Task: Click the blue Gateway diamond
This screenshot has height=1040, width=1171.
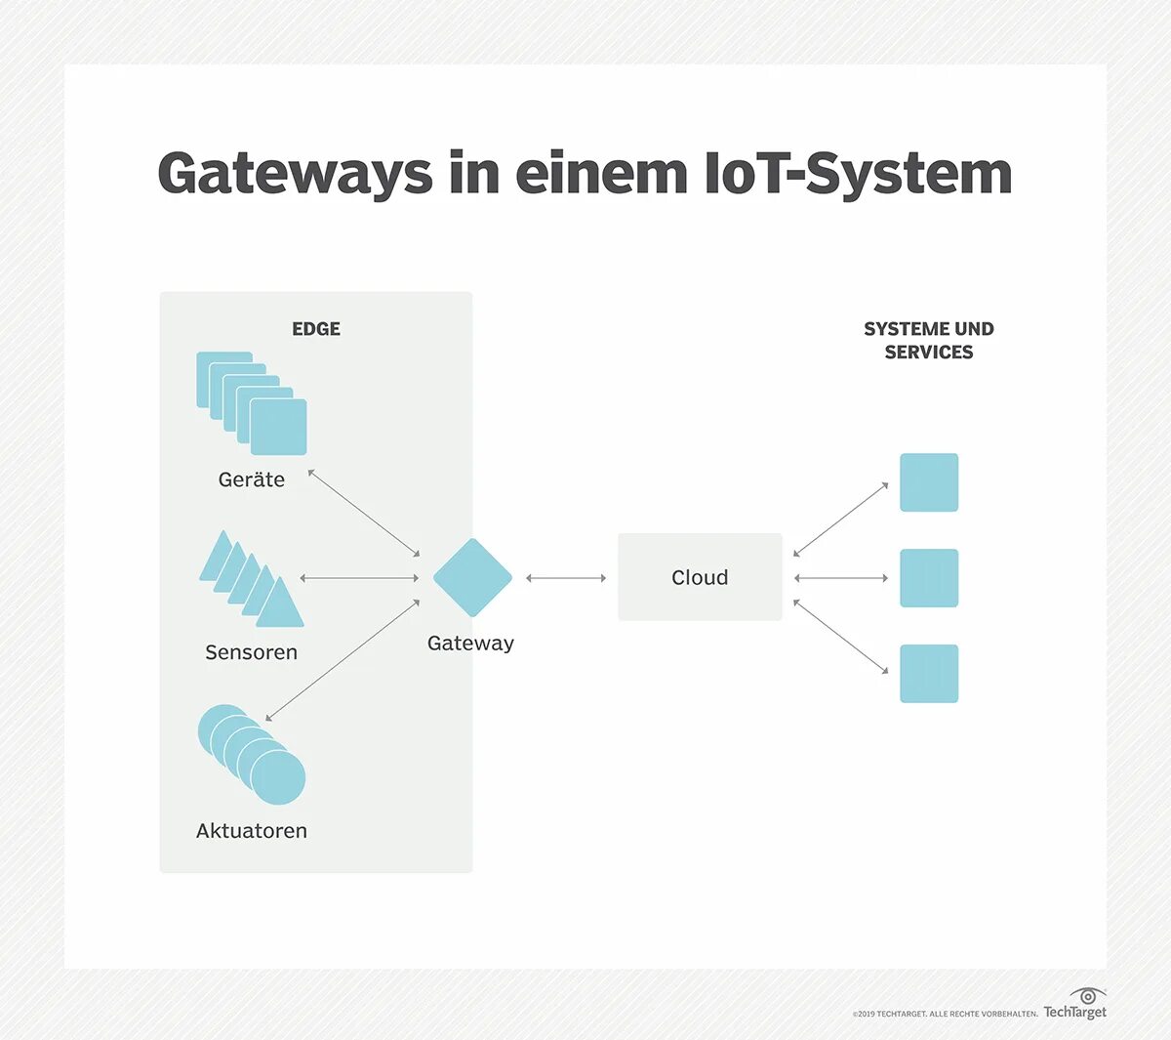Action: coord(472,577)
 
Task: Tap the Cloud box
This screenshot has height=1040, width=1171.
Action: coord(700,577)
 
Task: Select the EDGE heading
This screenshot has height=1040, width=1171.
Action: coord(316,329)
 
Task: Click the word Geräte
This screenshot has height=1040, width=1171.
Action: coord(252,479)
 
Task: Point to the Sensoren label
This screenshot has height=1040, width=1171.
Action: coord(251,652)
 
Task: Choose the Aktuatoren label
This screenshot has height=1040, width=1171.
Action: coord(252,831)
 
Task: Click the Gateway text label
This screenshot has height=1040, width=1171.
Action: coord(470,643)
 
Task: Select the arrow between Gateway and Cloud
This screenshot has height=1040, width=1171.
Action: coord(566,578)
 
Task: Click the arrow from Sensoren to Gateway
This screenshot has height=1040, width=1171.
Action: coord(359,578)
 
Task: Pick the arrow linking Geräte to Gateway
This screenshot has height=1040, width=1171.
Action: coord(364,513)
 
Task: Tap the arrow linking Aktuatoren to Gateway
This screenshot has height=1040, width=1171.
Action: coord(343,660)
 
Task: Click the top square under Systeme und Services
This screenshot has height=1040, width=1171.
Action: coord(929,482)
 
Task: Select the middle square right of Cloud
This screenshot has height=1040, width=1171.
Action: coord(929,578)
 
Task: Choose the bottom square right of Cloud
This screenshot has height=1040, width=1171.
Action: coord(929,674)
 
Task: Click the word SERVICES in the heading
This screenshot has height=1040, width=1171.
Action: coord(929,353)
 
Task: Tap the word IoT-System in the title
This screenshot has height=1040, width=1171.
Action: coord(858,174)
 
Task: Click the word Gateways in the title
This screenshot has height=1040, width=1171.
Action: coord(295,174)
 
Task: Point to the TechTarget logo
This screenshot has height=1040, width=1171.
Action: coord(1075,1006)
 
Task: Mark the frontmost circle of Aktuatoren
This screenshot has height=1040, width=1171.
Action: coord(278,777)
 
